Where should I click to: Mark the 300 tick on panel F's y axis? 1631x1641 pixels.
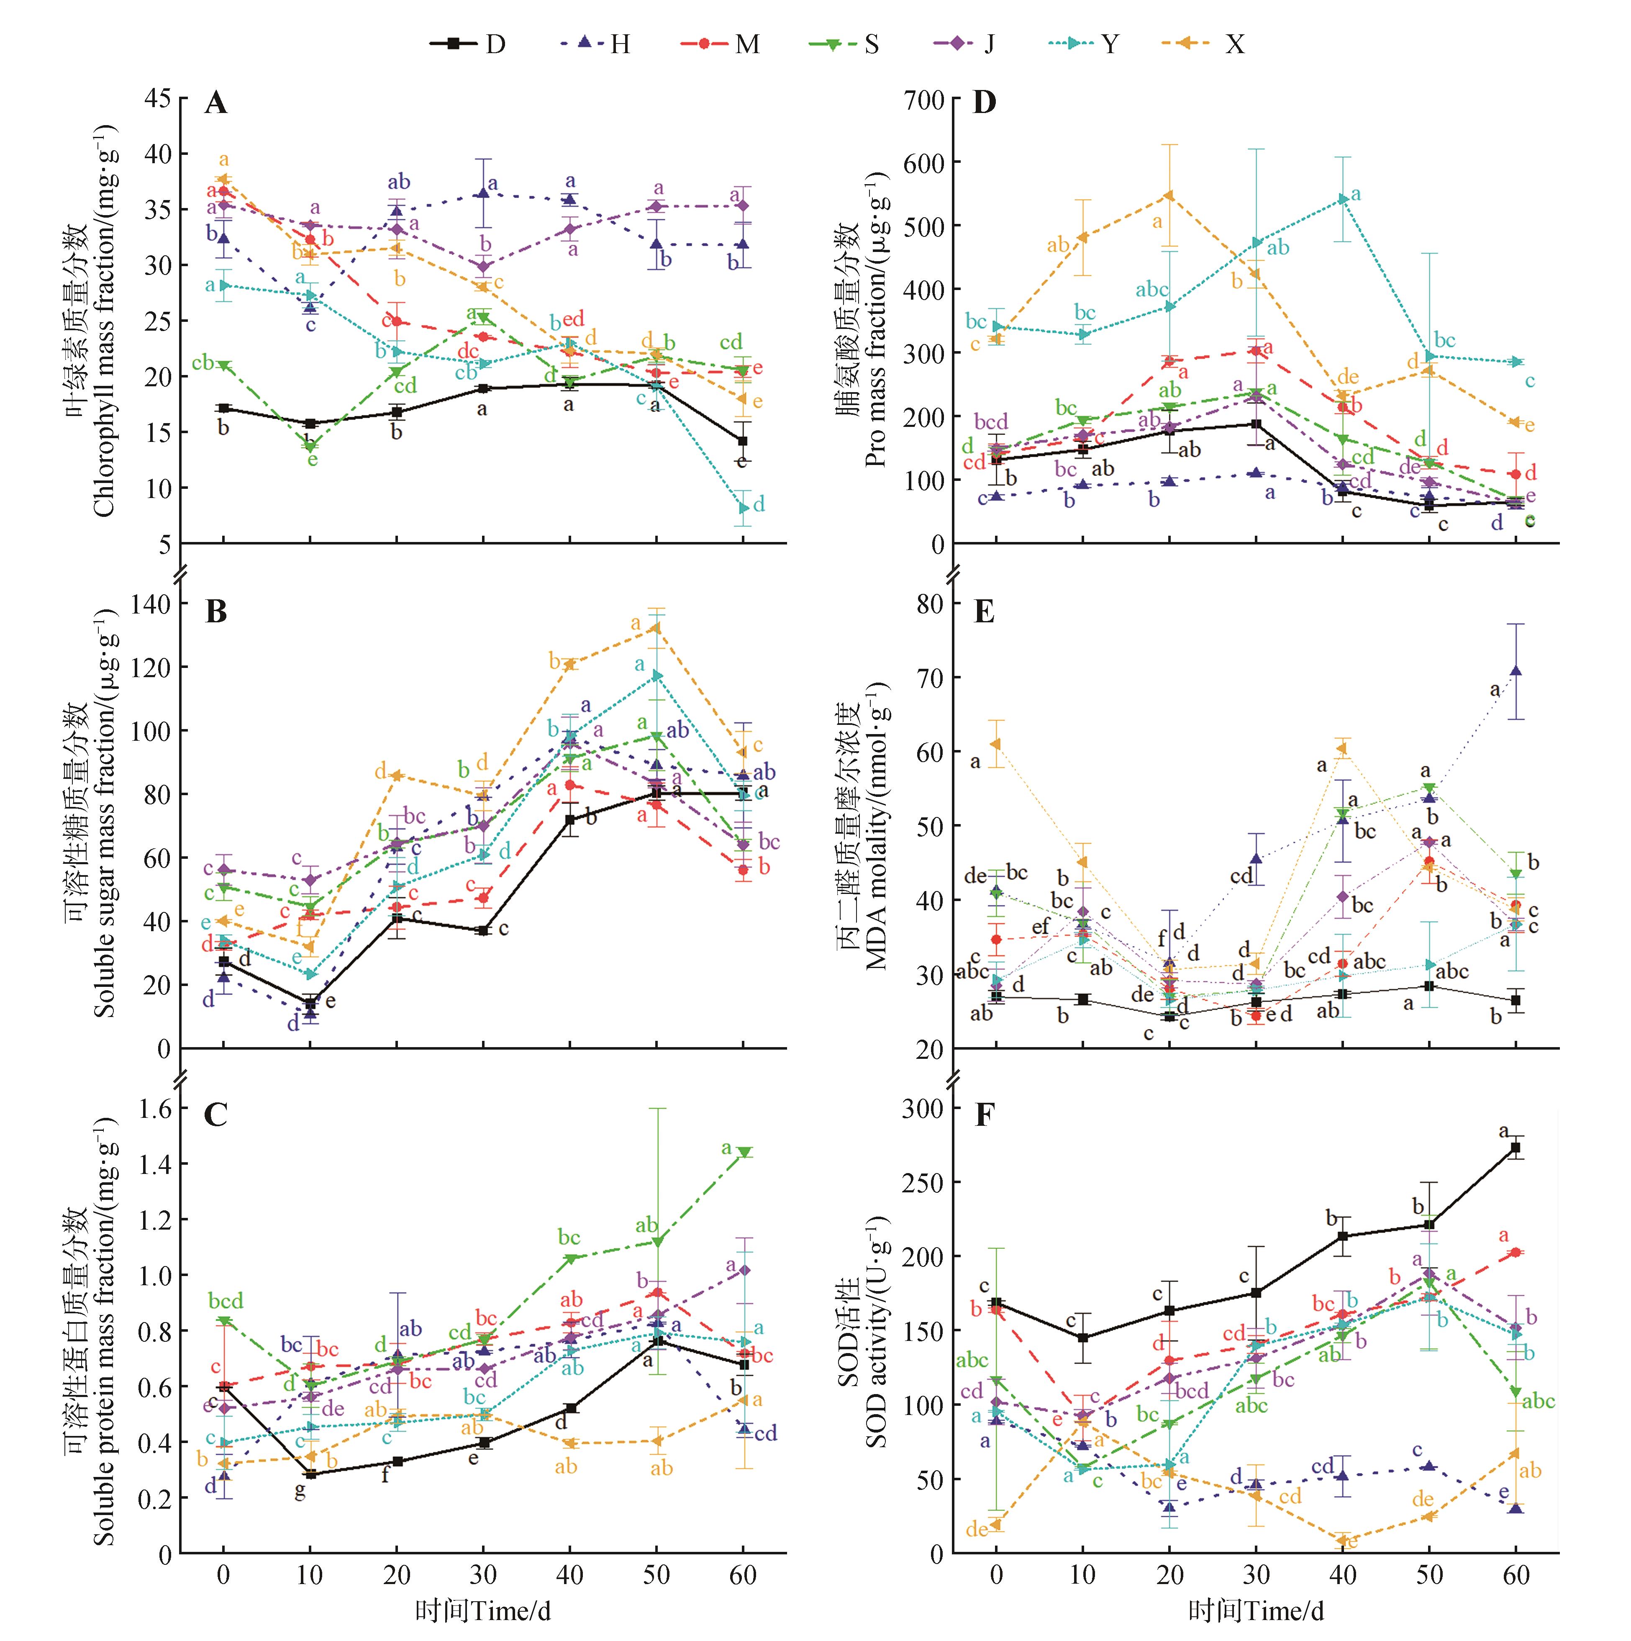click(924, 1109)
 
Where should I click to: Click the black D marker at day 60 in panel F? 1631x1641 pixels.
click(1516, 1148)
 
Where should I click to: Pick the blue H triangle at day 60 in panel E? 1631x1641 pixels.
click(1516, 671)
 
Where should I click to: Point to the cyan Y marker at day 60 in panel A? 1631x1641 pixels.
click(744, 508)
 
